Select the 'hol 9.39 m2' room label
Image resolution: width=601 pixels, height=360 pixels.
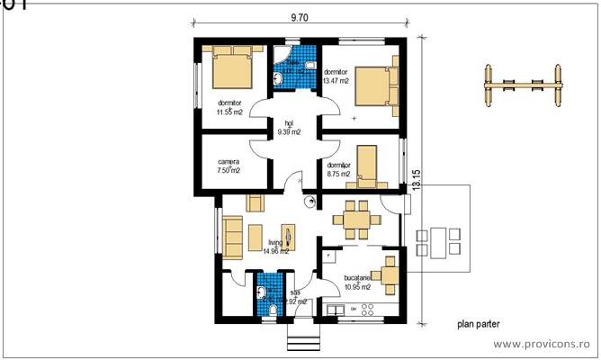288,128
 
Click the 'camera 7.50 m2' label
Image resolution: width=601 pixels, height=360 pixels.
229,166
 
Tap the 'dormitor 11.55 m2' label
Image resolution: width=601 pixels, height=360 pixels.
229,107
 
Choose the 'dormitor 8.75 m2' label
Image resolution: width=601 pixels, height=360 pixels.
338,170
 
